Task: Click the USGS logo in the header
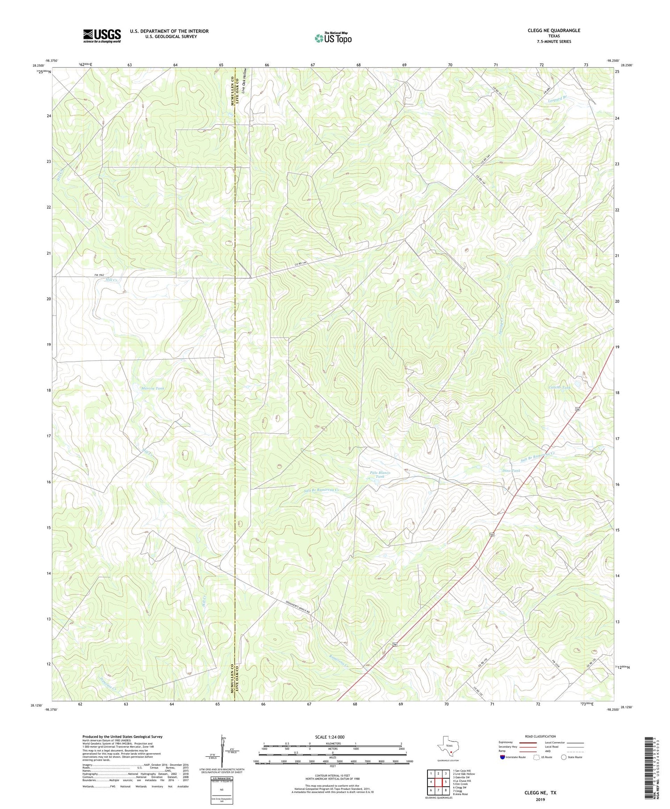pyautogui.click(x=102, y=36)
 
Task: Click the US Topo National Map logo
pyautogui.click(x=333, y=38)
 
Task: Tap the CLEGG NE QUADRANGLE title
pyautogui.click(x=554, y=30)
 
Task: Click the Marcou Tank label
pyautogui.click(x=153, y=388)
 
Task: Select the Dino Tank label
pyautogui.click(x=511, y=471)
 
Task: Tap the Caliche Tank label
pyautogui.click(x=559, y=387)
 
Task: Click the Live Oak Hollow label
pyautogui.click(x=244, y=81)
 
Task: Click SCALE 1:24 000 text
pyautogui.click(x=332, y=737)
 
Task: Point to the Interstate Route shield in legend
pyautogui.click(x=502, y=757)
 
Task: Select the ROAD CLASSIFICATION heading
pyautogui.click(x=540, y=736)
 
